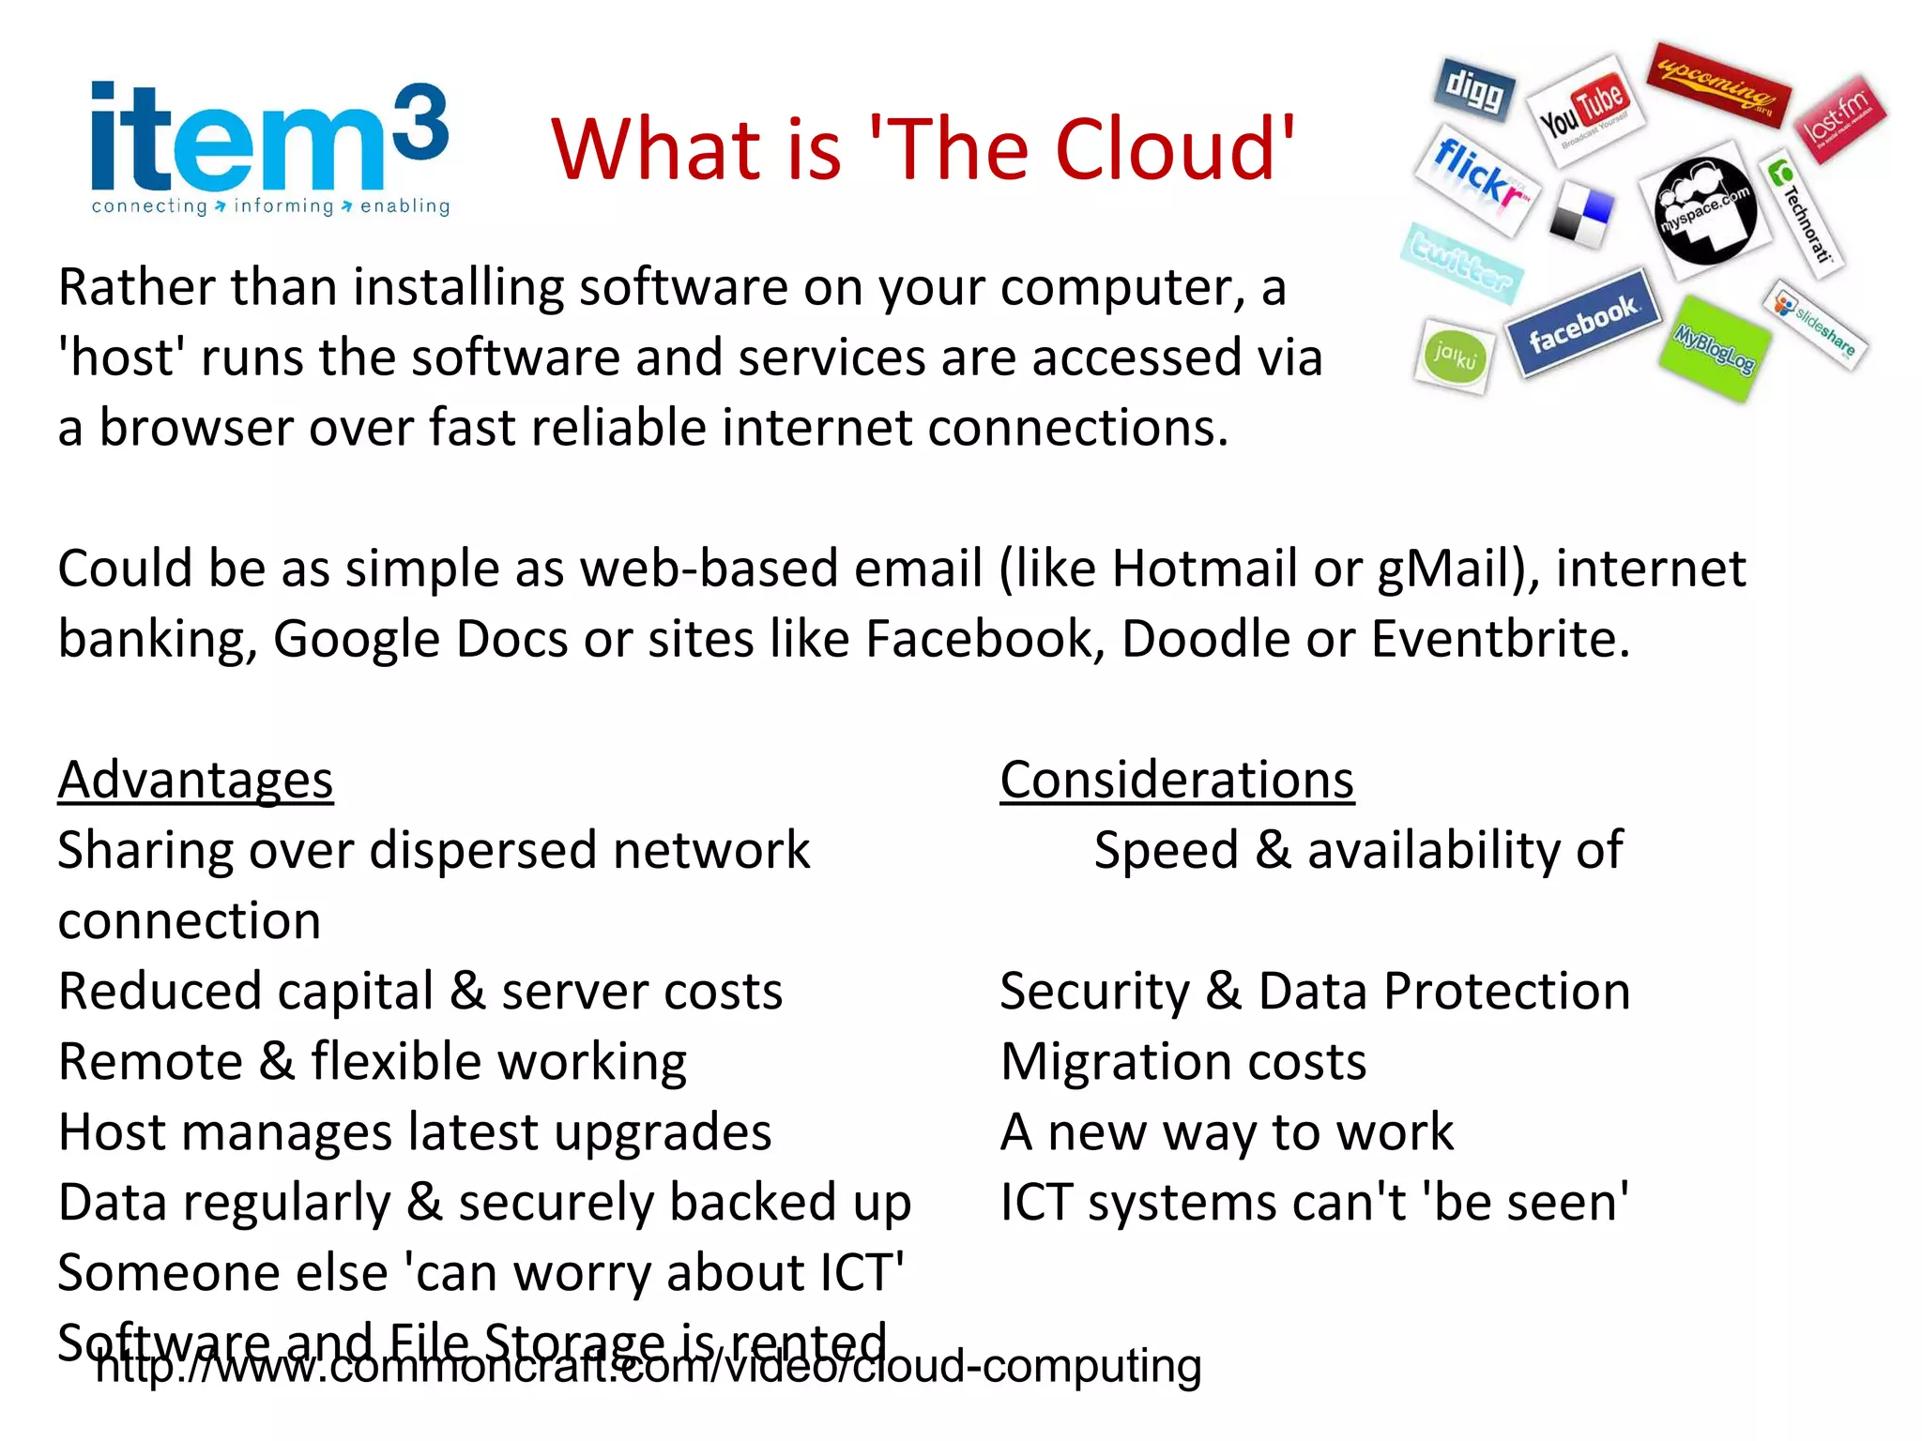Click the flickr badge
pyautogui.click(x=1476, y=177)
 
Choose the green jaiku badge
pyautogui.click(x=1455, y=356)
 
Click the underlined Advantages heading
pyautogui.click(x=195, y=780)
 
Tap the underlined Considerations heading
pyautogui.click(x=1177, y=780)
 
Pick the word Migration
pyautogui.click(x=1118, y=1062)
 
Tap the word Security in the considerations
pyautogui.click(x=1094, y=992)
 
